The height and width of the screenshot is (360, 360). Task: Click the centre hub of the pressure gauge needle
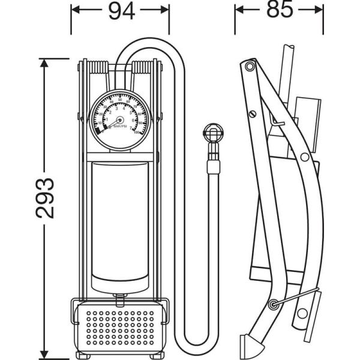point(118,119)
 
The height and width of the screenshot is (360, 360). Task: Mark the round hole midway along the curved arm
point(304,157)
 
